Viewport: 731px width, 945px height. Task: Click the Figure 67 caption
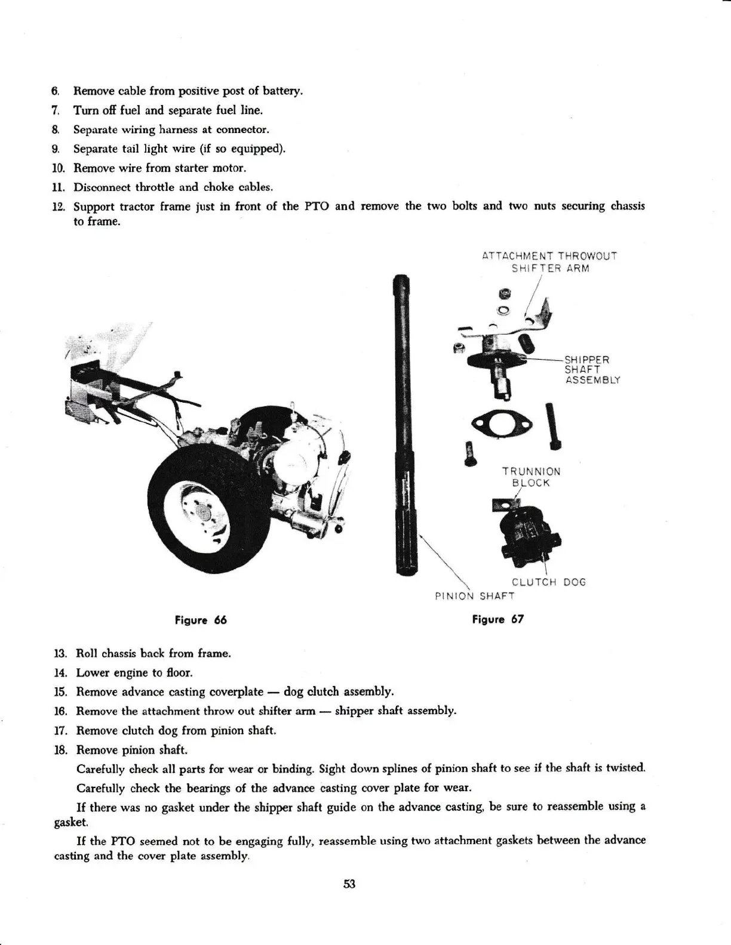coord(497,619)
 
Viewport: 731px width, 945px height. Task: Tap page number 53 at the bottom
coord(349,884)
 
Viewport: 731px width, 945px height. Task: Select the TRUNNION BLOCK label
coord(531,477)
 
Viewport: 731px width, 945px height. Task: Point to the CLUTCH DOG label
coord(548,582)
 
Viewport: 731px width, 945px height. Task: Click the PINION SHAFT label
coord(474,595)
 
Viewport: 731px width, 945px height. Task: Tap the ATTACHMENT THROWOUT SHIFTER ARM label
coord(549,262)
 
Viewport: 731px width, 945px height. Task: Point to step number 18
coord(62,750)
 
